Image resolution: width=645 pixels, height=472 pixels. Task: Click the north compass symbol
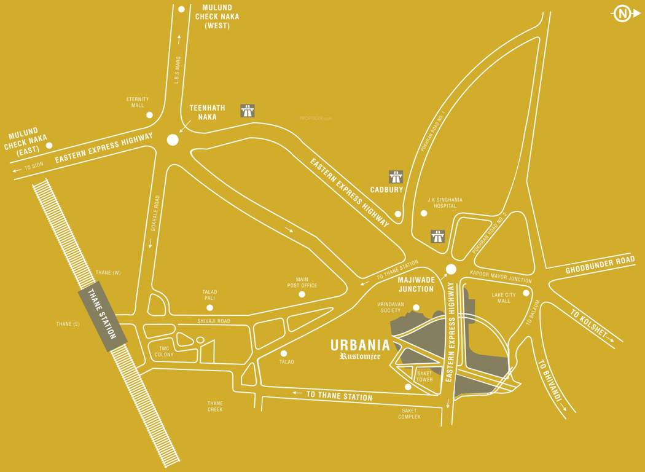(623, 14)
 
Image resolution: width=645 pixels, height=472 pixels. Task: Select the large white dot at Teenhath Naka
(173, 140)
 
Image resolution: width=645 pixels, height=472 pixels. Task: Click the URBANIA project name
(360, 345)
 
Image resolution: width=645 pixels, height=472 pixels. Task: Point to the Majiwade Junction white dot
(451, 269)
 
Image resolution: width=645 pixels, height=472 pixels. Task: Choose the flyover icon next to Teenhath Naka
(248, 111)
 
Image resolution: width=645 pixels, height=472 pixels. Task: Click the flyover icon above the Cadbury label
(396, 177)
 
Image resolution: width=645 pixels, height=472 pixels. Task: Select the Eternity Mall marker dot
(149, 115)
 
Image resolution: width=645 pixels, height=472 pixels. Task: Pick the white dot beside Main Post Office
(302, 294)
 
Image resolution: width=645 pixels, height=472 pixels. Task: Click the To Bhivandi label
(550, 382)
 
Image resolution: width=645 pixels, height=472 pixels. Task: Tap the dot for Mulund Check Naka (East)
(49, 146)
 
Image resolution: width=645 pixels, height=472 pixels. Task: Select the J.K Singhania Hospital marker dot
(423, 213)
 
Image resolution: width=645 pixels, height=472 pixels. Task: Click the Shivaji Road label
(214, 321)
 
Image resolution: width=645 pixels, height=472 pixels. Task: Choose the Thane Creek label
(215, 406)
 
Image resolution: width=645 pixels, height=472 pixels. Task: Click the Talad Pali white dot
(209, 307)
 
